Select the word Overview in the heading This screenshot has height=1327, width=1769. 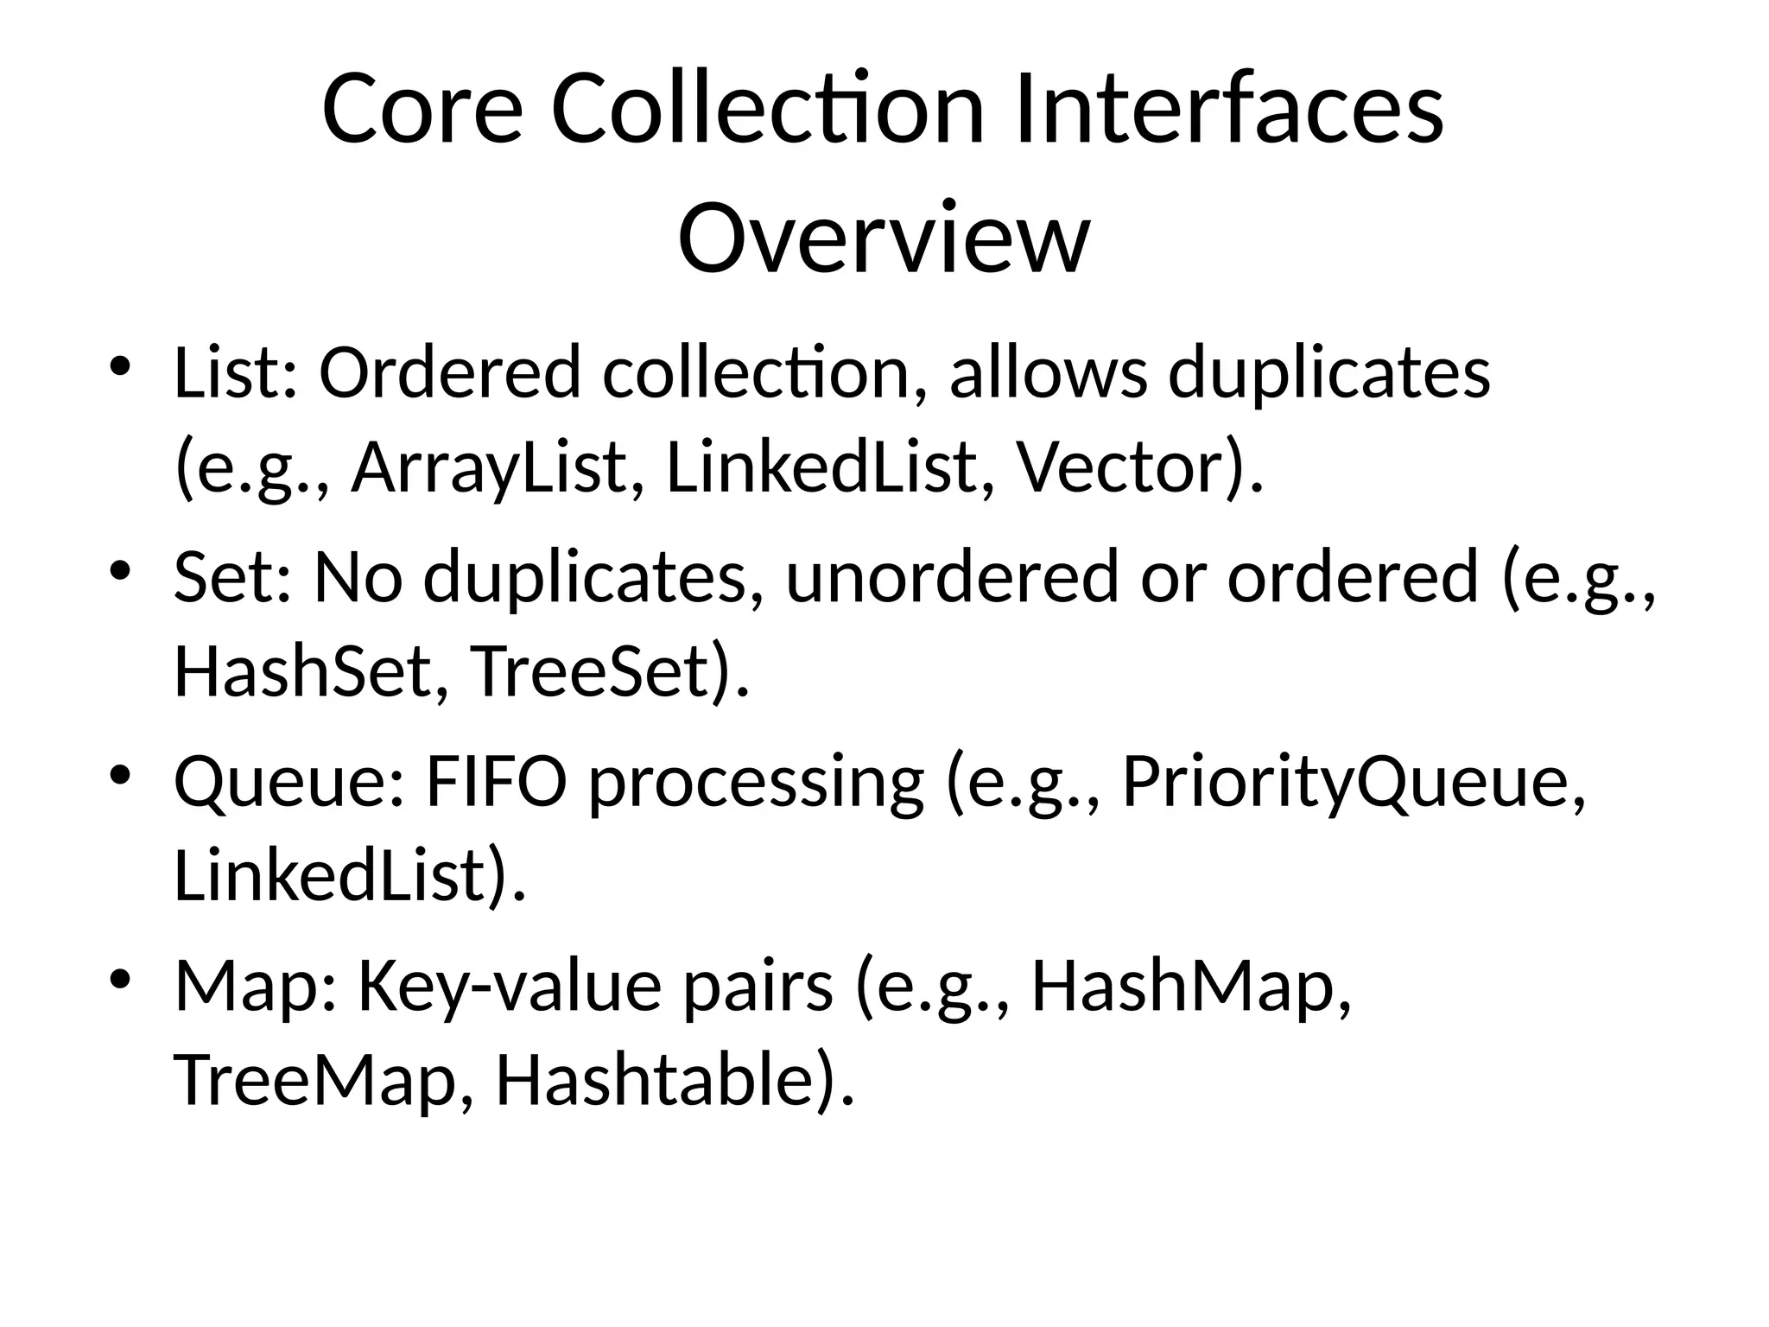883,237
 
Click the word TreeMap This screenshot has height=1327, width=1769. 314,1081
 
